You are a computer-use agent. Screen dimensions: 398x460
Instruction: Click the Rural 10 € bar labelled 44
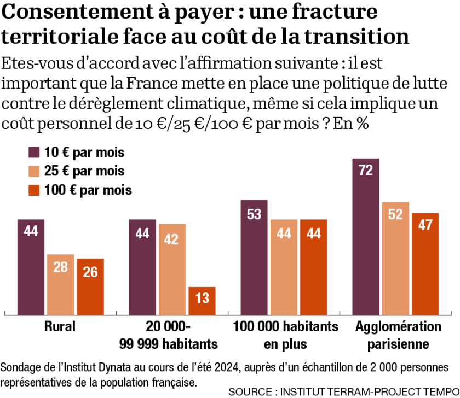tap(31, 267)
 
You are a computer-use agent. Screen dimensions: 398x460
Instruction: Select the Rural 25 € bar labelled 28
tap(60, 284)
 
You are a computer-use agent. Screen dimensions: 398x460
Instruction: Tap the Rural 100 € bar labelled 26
tap(90, 286)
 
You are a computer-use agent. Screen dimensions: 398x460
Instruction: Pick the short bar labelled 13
tap(202, 301)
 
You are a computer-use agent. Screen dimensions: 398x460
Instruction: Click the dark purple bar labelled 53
tap(254, 257)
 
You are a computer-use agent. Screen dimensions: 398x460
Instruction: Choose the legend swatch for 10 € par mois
tap(35, 152)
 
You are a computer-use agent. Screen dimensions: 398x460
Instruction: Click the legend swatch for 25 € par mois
tap(35, 171)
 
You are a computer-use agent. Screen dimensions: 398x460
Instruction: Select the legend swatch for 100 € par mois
tap(35, 190)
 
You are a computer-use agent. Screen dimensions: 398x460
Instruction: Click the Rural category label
tap(60, 327)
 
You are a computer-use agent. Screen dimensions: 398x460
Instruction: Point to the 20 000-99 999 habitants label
tap(168, 335)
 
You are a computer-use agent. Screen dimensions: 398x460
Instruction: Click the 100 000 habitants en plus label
tap(285, 335)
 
